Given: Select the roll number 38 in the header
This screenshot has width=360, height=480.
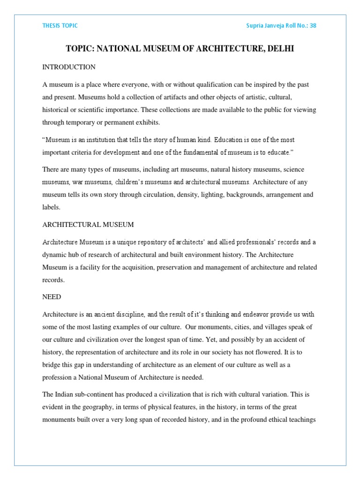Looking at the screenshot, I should point(313,26).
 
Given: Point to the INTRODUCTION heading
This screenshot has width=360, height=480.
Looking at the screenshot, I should point(69,67).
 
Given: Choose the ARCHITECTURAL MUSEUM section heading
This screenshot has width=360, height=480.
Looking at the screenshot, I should point(88,225).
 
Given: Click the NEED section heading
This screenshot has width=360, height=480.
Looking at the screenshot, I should point(52,297).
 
